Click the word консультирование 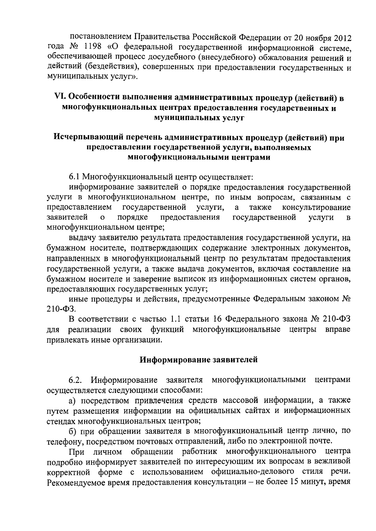(316, 207)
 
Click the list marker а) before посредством (73, 400)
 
